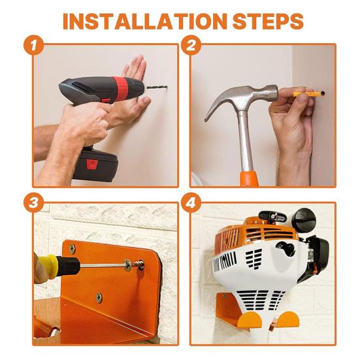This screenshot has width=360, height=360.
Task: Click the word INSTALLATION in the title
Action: coord(145,21)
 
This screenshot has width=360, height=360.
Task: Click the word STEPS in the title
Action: coord(268,21)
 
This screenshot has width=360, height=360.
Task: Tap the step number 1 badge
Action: coord(34,45)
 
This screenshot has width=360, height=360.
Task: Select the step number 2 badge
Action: coord(191,45)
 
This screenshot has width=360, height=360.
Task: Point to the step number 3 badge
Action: coord(34,203)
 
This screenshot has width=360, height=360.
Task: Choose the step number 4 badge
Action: coord(191,203)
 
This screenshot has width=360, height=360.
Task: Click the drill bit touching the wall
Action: coord(157,88)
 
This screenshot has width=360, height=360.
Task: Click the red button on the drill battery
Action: coord(92,164)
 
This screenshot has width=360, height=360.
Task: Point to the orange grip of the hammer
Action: coord(249,178)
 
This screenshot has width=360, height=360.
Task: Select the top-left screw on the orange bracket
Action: coord(72,249)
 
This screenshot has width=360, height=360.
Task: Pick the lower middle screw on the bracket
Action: coord(99,297)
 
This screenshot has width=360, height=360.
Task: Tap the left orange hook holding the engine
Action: coord(250,319)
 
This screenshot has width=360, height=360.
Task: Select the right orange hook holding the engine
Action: coord(288,319)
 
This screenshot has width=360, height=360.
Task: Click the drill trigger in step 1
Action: coord(106,101)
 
